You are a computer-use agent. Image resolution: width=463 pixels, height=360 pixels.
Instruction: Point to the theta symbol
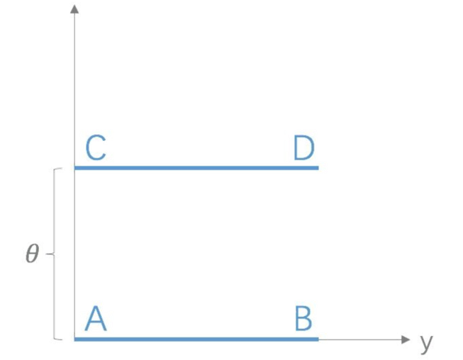(x=32, y=254)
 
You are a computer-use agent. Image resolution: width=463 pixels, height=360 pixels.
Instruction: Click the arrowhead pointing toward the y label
(x=406, y=339)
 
